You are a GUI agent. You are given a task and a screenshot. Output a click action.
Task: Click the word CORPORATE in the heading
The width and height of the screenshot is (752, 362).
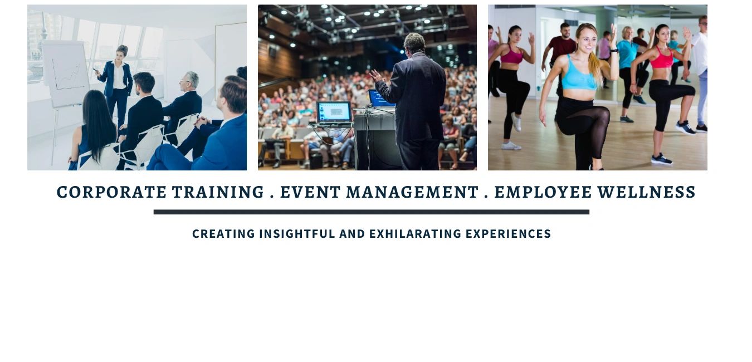(111, 192)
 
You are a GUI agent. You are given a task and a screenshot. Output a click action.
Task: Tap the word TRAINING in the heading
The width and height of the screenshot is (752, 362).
(218, 192)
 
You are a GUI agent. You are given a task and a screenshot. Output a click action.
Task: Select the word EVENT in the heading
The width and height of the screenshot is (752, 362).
(310, 192)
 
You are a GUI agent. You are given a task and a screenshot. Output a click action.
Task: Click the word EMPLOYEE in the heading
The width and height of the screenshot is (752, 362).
(543, 192)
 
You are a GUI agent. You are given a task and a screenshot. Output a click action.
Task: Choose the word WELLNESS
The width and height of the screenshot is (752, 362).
(647, 192)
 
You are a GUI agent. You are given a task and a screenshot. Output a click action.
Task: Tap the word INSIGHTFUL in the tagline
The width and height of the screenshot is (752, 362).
(297, 234)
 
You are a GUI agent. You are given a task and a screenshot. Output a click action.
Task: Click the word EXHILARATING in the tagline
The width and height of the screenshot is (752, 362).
(416, 234)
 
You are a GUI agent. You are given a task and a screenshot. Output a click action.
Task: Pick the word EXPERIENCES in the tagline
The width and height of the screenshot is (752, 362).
(508, 234)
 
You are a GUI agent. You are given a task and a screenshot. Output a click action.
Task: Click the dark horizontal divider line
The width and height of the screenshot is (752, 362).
(372, 212)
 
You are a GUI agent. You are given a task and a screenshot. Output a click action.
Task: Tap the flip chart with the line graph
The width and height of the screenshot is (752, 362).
(66, 74)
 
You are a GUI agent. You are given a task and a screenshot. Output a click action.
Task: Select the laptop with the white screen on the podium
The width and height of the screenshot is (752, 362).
(334, 112)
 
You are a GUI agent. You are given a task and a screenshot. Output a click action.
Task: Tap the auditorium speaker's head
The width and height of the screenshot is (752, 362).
(414, 43)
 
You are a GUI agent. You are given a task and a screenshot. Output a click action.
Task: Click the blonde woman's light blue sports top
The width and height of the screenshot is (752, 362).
(579, 76)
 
